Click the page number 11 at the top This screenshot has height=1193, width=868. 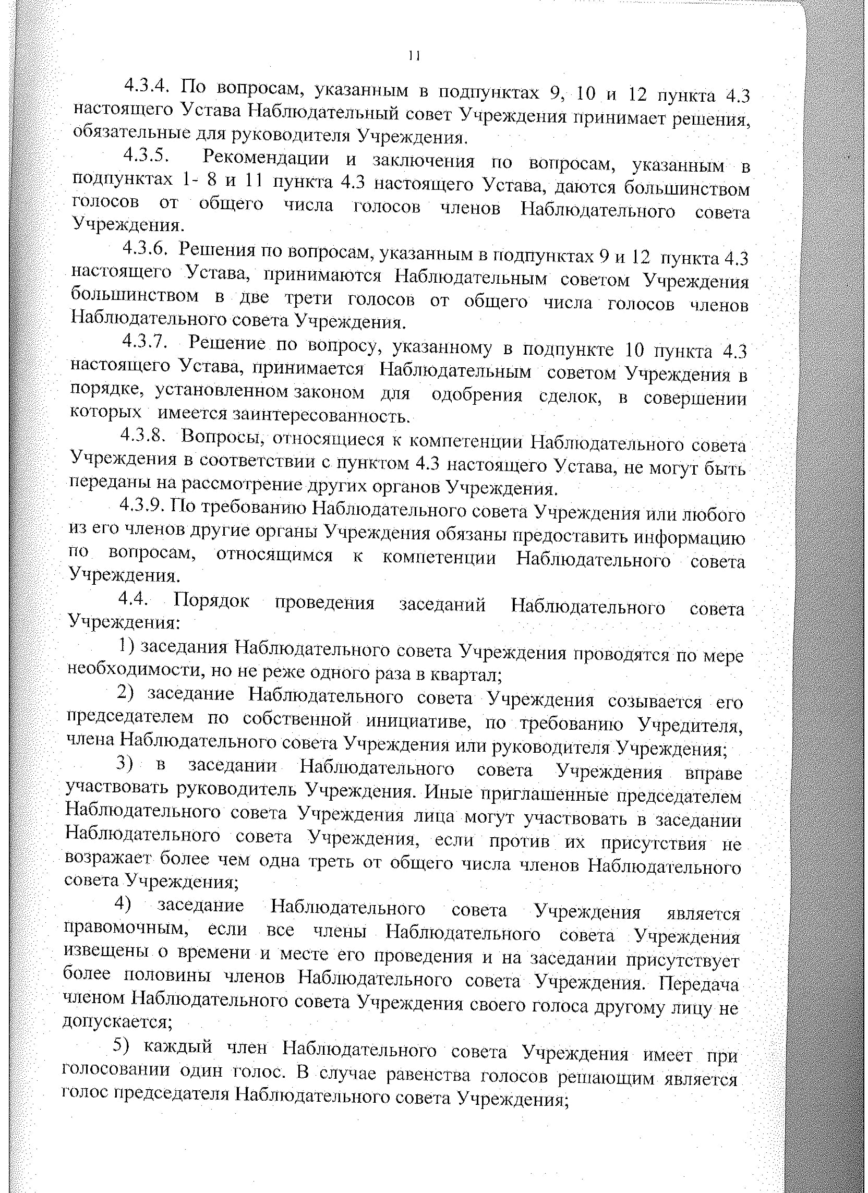point(414,56)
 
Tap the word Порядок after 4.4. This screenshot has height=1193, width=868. point(212,601)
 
